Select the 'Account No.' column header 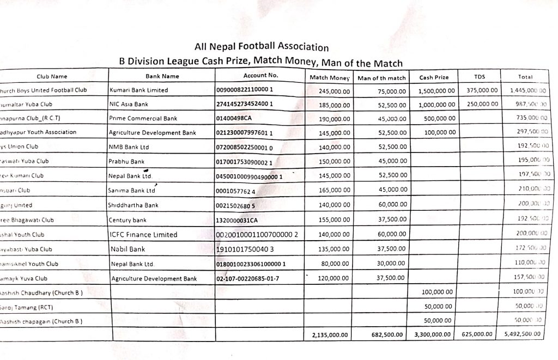[x=260, y=76]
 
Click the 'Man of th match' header [x=381, y=78]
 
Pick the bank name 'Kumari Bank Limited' [x=139, y=90]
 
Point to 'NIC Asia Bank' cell [x=129, y=103]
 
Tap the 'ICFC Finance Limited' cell [x=143, y=235]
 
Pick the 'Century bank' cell [x=128, y=220]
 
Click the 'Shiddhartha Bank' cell [x=134, y=205]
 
